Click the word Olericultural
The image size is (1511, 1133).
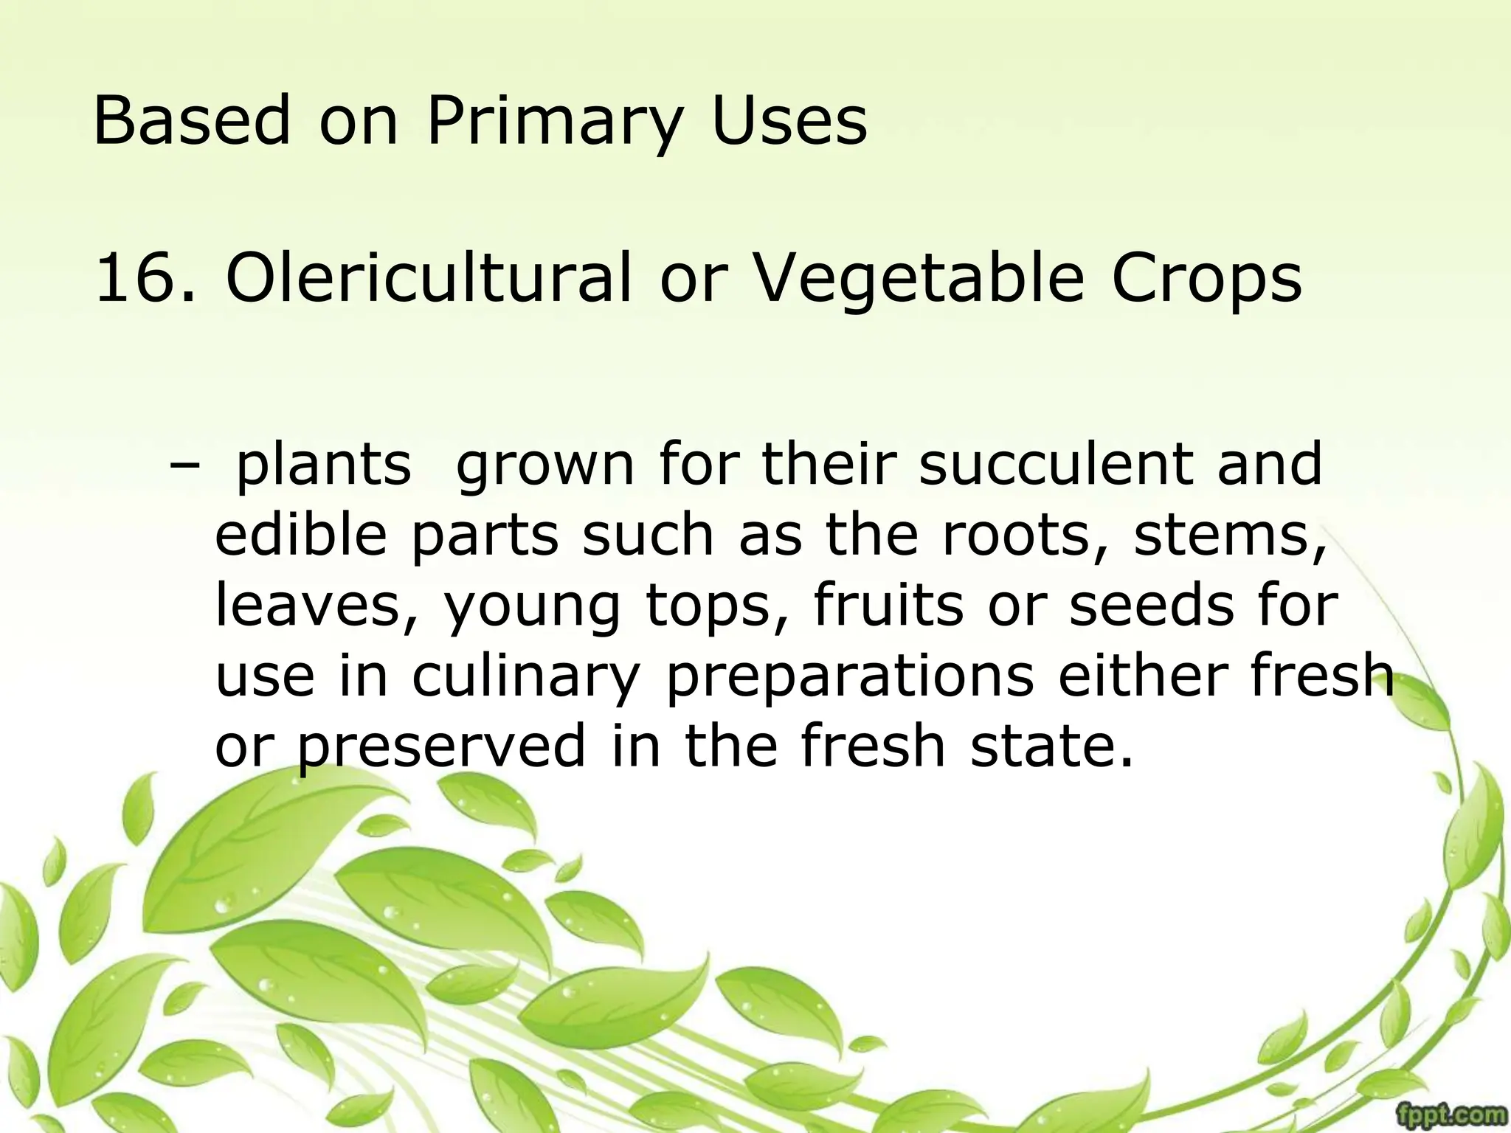429,278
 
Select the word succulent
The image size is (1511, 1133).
1055,465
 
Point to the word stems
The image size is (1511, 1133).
1228,536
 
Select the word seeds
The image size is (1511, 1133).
1151,605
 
